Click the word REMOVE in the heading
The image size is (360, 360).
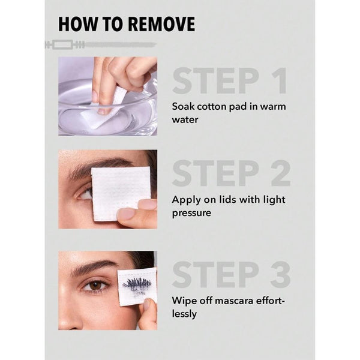tap(161, 24)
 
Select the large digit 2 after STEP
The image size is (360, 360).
tap(281, 173)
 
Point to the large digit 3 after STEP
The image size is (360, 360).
tap(281, 275)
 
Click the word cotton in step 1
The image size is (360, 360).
tap(212, 107)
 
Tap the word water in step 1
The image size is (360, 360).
tap(185, 120)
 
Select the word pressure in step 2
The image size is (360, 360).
tap(191, 213)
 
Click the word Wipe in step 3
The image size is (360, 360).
tap(183, 301)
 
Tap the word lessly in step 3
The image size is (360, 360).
tap(184, 314)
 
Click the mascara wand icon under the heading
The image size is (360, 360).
tap(101, 44)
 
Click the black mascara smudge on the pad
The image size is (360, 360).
tap(137, 285)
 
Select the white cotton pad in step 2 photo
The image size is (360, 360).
tap(121, 193)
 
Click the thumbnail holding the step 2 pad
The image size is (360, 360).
tap(126, 214)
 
